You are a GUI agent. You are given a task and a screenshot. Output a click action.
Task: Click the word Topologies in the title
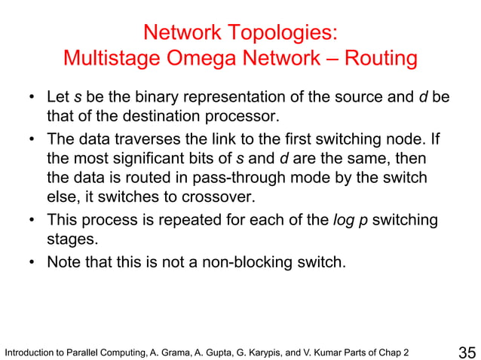282,33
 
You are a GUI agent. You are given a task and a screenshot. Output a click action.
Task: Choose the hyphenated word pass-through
219,178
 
